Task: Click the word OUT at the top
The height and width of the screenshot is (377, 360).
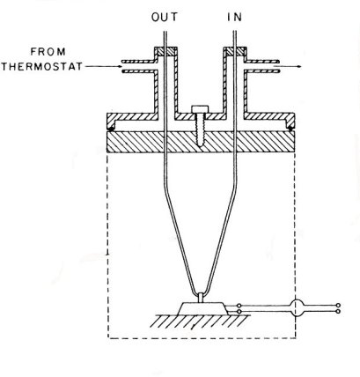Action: tap(165, 18)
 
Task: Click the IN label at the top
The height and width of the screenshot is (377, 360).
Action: tap(235, 18)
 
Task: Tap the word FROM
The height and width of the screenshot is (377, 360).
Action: tap(48, 52)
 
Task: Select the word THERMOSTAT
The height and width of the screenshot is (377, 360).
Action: tap(42, 66)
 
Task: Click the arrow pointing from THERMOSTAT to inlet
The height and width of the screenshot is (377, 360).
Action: tap(104, 66)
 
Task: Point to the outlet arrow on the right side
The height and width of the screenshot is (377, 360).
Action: tap(288, 66)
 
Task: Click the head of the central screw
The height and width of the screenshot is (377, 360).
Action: tap(200, 109)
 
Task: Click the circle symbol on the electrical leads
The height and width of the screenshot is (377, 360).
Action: tap(298, 308)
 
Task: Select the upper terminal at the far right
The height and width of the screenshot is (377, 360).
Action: tap(338, 306)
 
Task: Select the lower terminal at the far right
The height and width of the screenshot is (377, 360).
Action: tap(338, 311)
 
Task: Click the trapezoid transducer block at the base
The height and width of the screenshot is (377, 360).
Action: tap(203, 308)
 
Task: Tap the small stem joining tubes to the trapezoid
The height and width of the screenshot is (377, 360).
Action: tap(201, 298)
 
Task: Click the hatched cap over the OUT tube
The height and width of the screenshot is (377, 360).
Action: tap(165, 52)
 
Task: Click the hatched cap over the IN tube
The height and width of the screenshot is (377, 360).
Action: tap(235, 52)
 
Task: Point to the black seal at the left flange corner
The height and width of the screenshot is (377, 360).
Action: tap(111, 129)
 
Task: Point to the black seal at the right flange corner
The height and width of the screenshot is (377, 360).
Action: tap(290, 129)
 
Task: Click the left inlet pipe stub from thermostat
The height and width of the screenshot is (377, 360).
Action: tap(138, 66)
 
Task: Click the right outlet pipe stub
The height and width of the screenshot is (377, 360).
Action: tap(261, 66)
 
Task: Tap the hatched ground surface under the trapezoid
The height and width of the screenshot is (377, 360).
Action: tap(200, 322)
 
